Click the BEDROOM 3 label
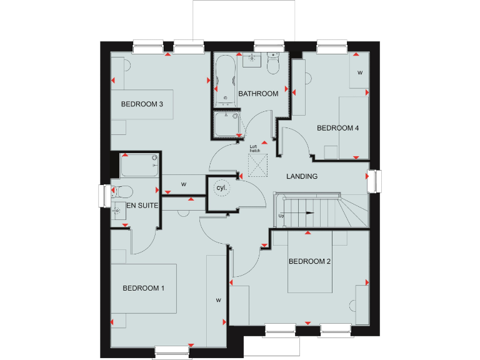click(142, 104)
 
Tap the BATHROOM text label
click(257, 94)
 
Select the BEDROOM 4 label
click(337, 128)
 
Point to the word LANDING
click(302, 176)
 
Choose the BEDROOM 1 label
click(143, 288)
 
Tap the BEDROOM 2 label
click(309, 261)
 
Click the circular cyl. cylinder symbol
click(221, 187)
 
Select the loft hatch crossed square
click(257, 164)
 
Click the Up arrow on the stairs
click(301, 214)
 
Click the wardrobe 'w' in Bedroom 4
click(359, 72)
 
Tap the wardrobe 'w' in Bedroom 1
click(219, 300)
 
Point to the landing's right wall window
click(374, 181)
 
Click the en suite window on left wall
click(104, 195)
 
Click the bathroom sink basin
click(253, 60)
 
